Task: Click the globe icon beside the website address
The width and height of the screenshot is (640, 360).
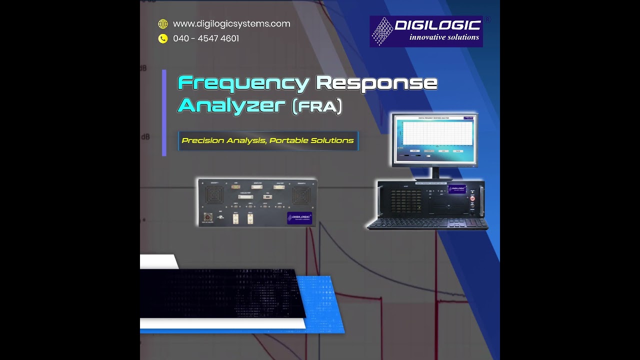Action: pos(163,24)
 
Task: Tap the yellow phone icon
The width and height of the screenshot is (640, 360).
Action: pos(163,38)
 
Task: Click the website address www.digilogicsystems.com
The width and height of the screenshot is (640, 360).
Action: pos(231,24)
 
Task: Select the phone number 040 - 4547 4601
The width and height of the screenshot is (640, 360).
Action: pos(206,38)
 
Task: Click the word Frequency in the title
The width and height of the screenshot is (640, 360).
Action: pos(243,83)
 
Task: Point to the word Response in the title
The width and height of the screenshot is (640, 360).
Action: pos(377,83)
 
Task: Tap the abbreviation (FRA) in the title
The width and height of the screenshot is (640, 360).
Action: pos(317,106)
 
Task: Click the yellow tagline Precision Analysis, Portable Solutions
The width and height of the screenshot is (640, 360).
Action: pos(267,140)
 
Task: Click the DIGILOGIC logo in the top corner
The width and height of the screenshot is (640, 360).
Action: pos(426,31)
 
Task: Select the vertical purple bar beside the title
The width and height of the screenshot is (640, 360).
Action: pos(164,112)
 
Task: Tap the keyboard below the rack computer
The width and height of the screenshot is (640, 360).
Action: pos(427,223)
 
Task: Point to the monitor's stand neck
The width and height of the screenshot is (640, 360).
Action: pos(435,172)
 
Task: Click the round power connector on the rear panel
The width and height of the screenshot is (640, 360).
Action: pos(207,217)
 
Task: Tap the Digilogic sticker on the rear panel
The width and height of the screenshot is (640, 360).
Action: pos(299,218)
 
